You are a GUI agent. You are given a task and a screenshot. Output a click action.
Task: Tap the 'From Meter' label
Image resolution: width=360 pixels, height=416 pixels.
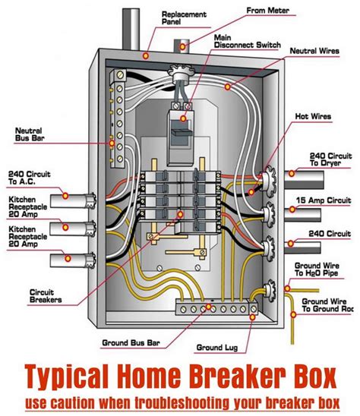tap(267, 11)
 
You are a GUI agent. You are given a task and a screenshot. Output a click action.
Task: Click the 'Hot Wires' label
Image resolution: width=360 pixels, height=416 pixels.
tap(313, 118)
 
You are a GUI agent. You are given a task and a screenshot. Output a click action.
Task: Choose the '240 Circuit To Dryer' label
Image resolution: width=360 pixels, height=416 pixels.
tap(329, 158)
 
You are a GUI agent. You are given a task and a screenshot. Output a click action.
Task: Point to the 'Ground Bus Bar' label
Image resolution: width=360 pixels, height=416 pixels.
tap(130, 342)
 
